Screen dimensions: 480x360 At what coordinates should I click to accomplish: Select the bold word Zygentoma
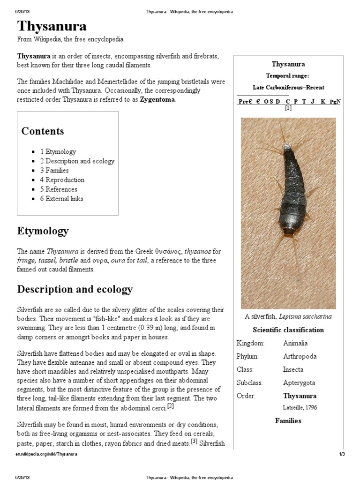[x=158, y=99]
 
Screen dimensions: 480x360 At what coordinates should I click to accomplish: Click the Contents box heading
[x=43, y=131]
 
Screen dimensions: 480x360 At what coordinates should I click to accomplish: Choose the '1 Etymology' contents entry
[x=58, y=152]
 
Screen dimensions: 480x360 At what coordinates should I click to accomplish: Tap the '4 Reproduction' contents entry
[x=62, y=180]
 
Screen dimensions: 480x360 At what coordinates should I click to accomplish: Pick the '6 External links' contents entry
[x=61, y=199]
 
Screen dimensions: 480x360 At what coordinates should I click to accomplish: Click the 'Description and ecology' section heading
[x=75, y=289]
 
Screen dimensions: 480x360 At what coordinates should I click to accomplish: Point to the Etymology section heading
[x=43, y=231]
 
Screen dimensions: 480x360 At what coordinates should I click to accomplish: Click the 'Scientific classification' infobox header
[x=288, y=330]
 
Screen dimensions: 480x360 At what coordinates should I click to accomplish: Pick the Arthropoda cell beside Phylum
[x=300, y=357]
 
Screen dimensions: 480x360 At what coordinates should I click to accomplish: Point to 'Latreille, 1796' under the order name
[x=300, y=407]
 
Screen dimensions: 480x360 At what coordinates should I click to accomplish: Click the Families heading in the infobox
[x=288, y=421]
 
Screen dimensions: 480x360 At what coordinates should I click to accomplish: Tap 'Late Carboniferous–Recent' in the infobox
[x=288, y=88]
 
